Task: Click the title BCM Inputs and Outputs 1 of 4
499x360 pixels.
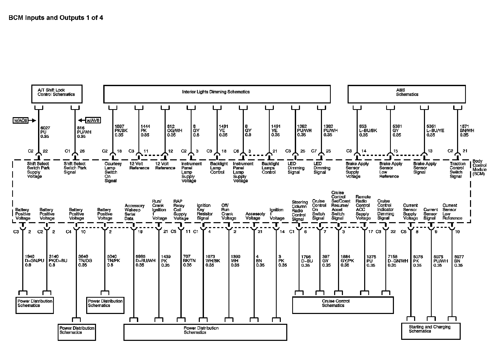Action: (56, 18)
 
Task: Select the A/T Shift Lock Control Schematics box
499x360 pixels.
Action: (57, 94)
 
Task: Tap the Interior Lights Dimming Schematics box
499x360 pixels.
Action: (217, 94)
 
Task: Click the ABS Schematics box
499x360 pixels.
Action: (406, 94)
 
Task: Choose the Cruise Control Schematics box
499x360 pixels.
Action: (343, 305)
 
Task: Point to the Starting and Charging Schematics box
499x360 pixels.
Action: (430, 331)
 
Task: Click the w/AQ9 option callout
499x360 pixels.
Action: (21, 121)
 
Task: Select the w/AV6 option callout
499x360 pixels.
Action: (93, 121)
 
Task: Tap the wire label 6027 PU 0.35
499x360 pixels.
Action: (45, 132)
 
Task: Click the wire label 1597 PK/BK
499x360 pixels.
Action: (121, 131)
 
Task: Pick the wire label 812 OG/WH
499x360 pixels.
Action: (174, 131)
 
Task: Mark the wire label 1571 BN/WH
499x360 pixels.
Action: (467, 131)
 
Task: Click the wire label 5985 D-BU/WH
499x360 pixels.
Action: (145, 261)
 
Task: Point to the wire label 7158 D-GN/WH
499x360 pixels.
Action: (398, 261)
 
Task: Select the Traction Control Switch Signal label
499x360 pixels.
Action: (457, 170)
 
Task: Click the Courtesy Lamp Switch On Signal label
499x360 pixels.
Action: (113, 172)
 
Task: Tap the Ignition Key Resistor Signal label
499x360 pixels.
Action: (205, 212)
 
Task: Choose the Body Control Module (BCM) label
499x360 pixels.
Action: (479, 167)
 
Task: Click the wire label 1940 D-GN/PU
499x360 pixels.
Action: (34, 261)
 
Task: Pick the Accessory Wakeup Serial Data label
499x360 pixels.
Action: (134, 212)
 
